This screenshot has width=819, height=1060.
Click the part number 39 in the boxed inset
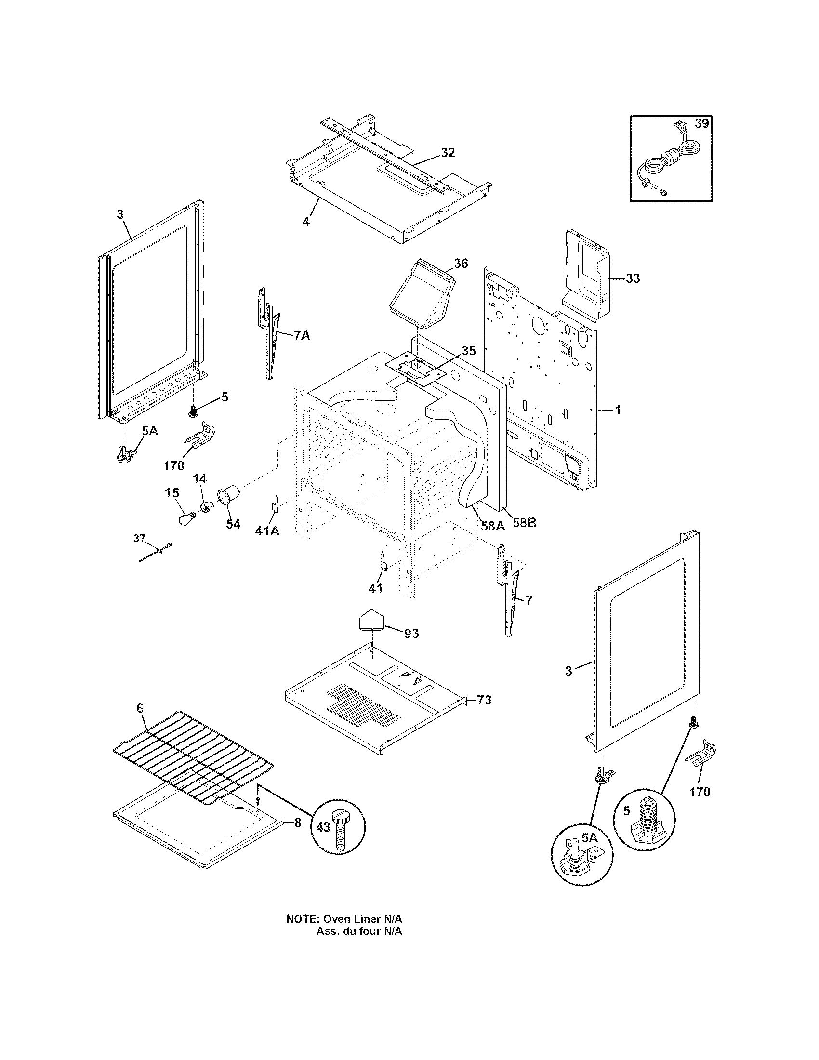[x=701, y=123]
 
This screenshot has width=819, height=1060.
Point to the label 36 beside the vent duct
[x=461, y=264]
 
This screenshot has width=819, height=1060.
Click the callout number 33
[x=633, y=278]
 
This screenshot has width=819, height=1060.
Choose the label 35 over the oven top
[x=468, y=350]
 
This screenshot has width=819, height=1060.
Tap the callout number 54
[x=233, y=525]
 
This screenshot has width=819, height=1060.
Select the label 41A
[x=267, y=531]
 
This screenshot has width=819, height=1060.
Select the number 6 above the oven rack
[x=140, y=708]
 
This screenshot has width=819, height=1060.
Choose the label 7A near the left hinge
[x=301, y=335]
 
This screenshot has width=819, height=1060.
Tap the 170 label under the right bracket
[x=700, y=792]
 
